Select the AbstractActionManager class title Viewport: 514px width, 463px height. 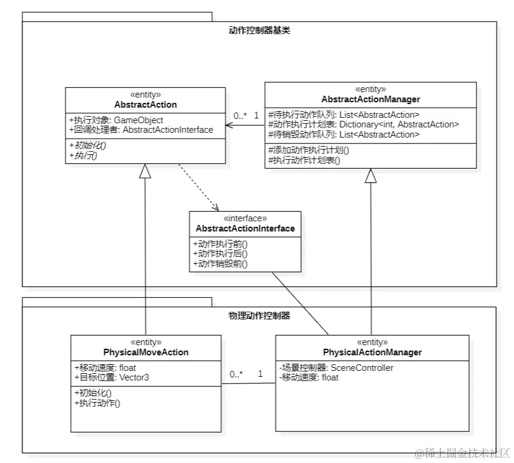coord(370,99)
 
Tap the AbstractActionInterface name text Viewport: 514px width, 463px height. coord(245,229)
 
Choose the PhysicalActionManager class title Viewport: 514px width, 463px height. coord(372,352)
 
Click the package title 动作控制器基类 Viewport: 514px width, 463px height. coord(260,29)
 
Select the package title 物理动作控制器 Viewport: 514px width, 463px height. coord(260,315)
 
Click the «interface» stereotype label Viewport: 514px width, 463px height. coord(245,219)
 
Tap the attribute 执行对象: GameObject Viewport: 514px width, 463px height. coord(116,120)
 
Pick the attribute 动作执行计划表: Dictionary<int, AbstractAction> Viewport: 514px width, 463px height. coord(364,124)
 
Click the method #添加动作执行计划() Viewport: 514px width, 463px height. coord(309,150)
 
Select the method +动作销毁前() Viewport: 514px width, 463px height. coord(220,263)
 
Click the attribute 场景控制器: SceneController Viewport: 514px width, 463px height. coord(337,368)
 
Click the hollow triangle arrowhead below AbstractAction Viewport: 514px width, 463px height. coord(145,172)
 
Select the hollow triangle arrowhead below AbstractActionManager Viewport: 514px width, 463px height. coord(371,176)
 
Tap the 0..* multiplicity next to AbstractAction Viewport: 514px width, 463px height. coord(239,115)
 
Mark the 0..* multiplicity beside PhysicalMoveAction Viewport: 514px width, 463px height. coord(236,374)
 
